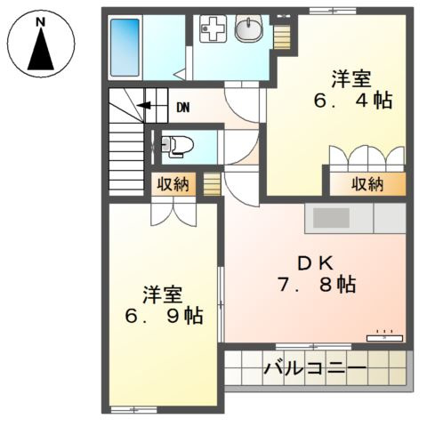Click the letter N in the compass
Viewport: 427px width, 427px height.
pos(42,19)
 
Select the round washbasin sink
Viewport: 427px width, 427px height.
pos(247,30)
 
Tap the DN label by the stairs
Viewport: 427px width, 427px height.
pos(182,109)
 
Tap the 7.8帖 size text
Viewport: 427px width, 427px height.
pos(315,286)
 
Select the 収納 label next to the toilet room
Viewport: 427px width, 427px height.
pos(173,184)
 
